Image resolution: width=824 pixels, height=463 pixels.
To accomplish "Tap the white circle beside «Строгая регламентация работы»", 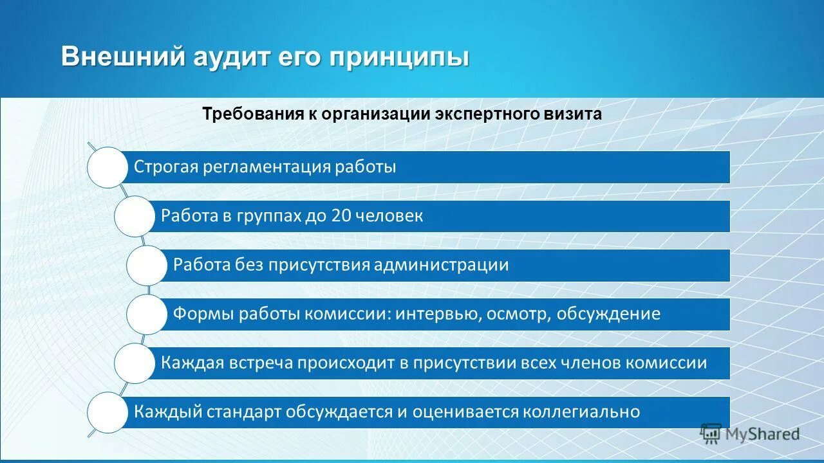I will pyautogui.click(x=108, y=167).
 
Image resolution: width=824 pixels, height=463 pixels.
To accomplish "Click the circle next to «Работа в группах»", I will pyautogui.click(x=135, y=216).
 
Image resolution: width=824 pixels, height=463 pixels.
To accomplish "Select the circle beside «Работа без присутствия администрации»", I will pyautogui.click(x=147, y=265).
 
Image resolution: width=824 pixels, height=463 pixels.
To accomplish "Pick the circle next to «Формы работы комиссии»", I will pyautogui.click(x=147, y=314).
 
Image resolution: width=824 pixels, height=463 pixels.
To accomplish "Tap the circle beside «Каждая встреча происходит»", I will pyautogui.click(x=135, y=363).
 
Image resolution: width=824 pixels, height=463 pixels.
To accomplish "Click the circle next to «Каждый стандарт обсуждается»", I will pyautogui.click(x=108, y=412).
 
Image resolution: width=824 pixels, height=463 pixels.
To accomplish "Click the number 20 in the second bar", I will pyautogui.click(x=341, y=216).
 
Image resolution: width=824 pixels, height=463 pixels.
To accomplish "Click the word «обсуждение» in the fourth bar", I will pyautogui.click(x=608, y=314).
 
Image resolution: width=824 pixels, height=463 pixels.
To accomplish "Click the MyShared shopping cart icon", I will pyautogui.click(x=711, y=434).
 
